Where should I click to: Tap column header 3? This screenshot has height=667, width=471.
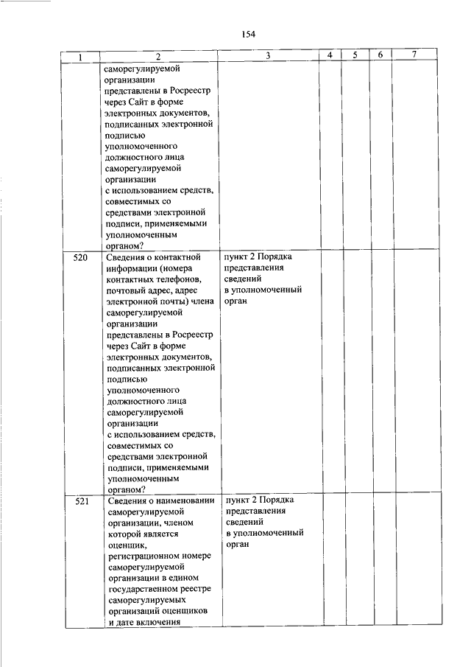pyautogui.click(x=268, y=56)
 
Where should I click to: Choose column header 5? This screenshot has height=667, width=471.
pyautogui.click(x=354, y=56)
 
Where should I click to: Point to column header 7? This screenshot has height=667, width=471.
pyautogui.click(x=414, y=56)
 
